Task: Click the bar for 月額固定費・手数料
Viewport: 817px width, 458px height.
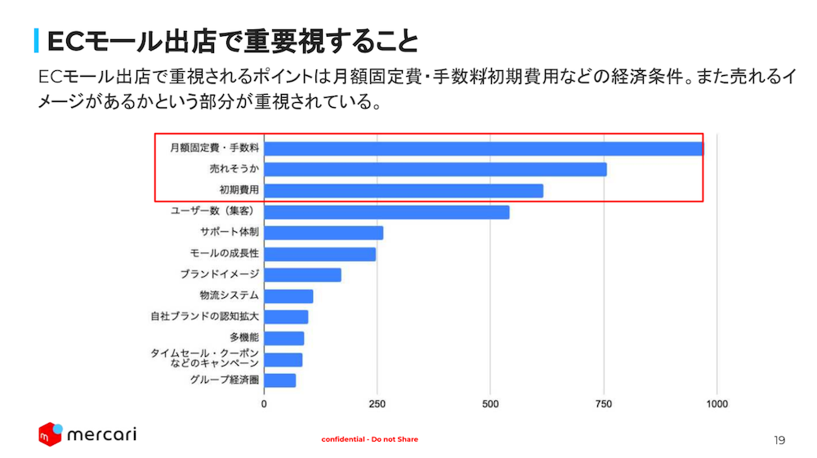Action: tap(483, 149)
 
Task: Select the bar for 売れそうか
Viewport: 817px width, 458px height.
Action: tap(435, 170)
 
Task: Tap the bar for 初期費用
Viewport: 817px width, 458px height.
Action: tap(404, 191)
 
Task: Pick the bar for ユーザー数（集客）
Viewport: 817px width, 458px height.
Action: tap(386, 212)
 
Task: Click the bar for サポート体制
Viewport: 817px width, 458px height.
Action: tap(324, 233)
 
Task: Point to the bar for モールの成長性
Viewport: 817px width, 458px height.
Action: tap(319, 255)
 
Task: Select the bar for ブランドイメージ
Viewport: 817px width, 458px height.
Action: tap(302, 275)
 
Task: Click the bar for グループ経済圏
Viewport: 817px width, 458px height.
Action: tap(279, 380)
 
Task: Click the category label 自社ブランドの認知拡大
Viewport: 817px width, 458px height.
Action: tap(204, 317)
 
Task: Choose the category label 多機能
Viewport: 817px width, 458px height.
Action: tap(243, 337)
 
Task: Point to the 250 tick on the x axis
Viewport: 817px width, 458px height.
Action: tap(377, 404)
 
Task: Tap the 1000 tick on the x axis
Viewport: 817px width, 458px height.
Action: tap(717, 404)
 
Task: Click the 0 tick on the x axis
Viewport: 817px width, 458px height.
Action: tap(264, 404)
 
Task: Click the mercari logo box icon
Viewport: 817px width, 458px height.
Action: tap(50, 434)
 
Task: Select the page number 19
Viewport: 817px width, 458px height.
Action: tap(779, 440)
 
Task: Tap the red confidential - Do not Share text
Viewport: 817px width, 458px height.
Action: tap(369, 439)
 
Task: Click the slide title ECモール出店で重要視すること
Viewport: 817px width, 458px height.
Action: tap(233, 40)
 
